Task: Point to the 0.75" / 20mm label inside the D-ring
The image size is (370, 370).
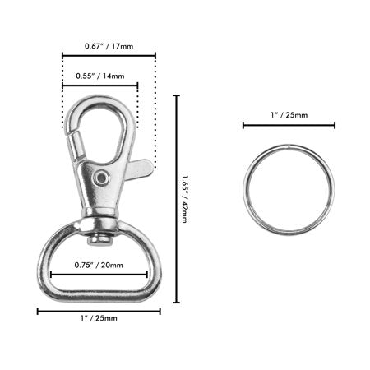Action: click(98, 265)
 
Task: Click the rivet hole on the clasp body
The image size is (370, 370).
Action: click(102, 178)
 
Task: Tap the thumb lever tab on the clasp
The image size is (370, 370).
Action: click(141, 170)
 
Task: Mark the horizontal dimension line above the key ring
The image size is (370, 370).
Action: click(289, 126)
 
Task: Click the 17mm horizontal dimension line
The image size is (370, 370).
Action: click(109, 56)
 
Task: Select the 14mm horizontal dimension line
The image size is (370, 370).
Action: click(99, 84)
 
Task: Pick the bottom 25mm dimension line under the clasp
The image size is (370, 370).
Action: click(98, 310)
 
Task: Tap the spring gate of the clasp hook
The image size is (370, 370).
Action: click(76, 144)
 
